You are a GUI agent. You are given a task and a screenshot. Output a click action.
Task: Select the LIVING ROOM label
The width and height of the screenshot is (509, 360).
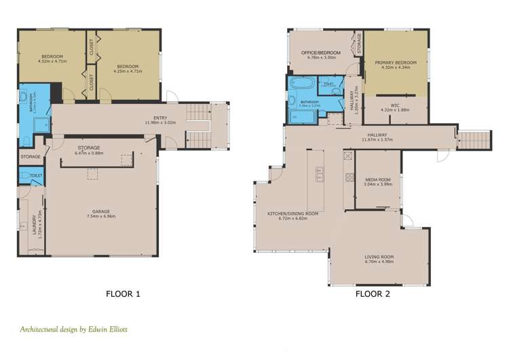click(378, 256)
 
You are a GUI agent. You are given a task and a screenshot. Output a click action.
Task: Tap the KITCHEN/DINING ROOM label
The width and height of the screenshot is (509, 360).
click(293, 214)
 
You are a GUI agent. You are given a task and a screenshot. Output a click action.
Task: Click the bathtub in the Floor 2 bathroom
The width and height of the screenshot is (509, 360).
click(300, 86)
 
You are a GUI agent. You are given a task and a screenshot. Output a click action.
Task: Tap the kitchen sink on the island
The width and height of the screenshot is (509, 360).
click(318, 175)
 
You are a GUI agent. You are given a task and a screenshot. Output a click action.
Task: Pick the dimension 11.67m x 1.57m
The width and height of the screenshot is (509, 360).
click(377, 140)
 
